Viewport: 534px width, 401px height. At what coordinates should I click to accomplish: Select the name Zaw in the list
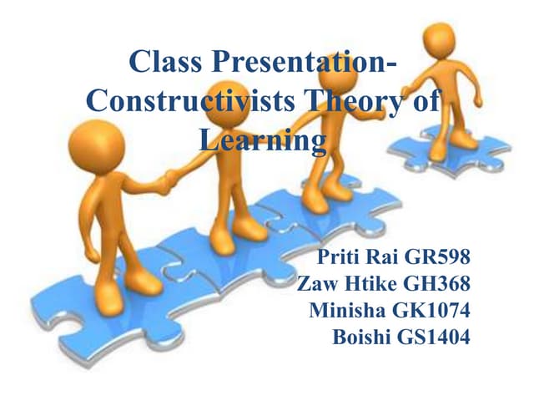(319, 283)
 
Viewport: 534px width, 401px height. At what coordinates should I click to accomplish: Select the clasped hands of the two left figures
(170, 177)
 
